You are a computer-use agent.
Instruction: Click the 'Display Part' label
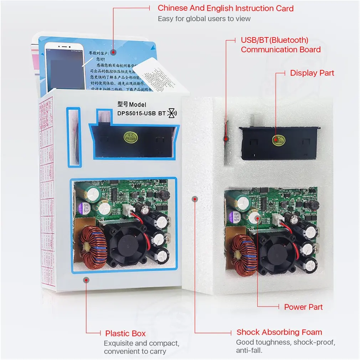tap(312, 73)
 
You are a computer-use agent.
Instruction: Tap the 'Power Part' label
tap(303, 307)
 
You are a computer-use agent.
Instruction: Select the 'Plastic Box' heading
tap(125, 334)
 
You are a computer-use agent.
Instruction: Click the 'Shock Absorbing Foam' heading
tap(279, 332)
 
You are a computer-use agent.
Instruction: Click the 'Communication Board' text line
tap(281, 50)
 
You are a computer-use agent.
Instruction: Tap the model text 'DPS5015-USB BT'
tap(142, 113)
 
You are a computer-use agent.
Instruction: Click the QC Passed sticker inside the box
tap(129, 137)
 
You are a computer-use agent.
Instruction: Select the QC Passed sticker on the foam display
tap(278, 139)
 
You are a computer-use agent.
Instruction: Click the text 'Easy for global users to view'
tap(204, 19)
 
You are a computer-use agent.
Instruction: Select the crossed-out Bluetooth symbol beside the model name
tap(172, 113)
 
